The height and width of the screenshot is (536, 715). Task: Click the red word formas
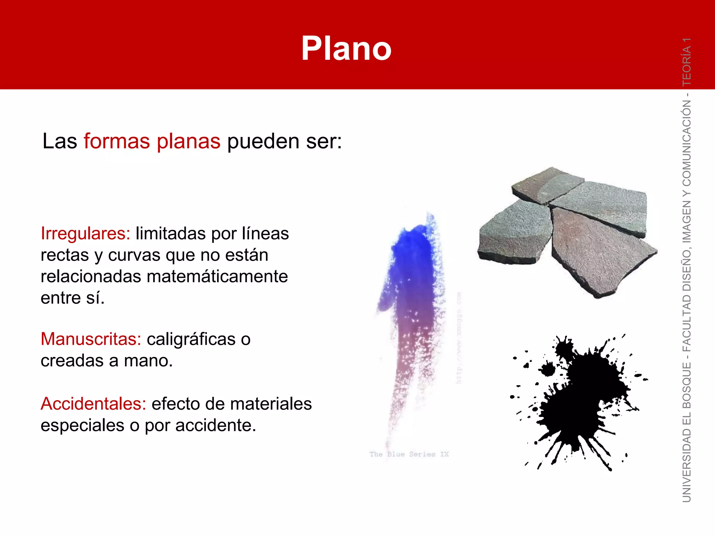(x=117, y=141)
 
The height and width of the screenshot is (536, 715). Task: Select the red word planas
(x=188, y=141)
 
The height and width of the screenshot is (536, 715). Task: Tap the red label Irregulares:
(x=85, y=233)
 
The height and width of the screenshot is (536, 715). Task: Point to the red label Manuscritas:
(x=91, y=339)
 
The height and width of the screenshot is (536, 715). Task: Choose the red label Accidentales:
(x=93, y=404)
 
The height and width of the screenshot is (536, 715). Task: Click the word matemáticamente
(x=217, y=276)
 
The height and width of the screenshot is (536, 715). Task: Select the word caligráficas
(x=191, y=339)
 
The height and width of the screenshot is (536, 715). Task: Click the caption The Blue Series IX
(x=409, y=454)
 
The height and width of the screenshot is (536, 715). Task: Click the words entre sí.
(x=73, y=298)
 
